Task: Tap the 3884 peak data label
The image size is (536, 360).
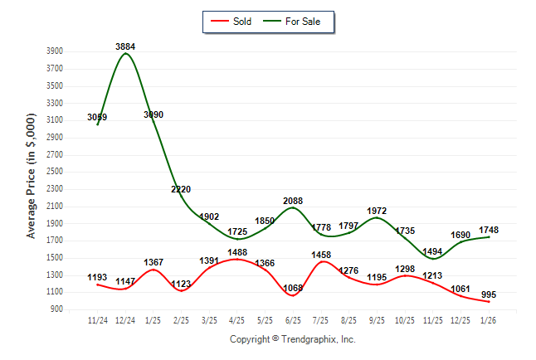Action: (x=125, y=46)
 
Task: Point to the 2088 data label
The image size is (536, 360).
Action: (x=294, y=201)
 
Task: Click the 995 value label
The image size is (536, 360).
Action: (x=489, y=294)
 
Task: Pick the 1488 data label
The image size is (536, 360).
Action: (x=236, y=253)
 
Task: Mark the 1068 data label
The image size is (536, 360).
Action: (x=294, y=288)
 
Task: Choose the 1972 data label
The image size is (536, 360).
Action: (x=377, y=211)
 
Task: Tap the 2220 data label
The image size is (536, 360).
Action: (x=181, y=189)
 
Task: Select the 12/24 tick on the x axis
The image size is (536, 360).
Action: (x=125, y=319)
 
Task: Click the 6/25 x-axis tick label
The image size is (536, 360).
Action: (x=293, y=319)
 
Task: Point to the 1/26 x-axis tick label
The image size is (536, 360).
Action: (x=489, y=319)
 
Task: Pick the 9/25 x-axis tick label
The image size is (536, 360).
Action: (x=377, y=319)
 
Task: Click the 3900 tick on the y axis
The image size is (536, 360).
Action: (x=54, y=51)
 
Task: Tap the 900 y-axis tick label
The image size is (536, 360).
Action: (x=56, y=309)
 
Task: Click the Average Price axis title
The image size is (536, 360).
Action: (x=31, y=178)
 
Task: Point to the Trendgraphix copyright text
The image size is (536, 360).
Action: (x=292, y=340)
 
